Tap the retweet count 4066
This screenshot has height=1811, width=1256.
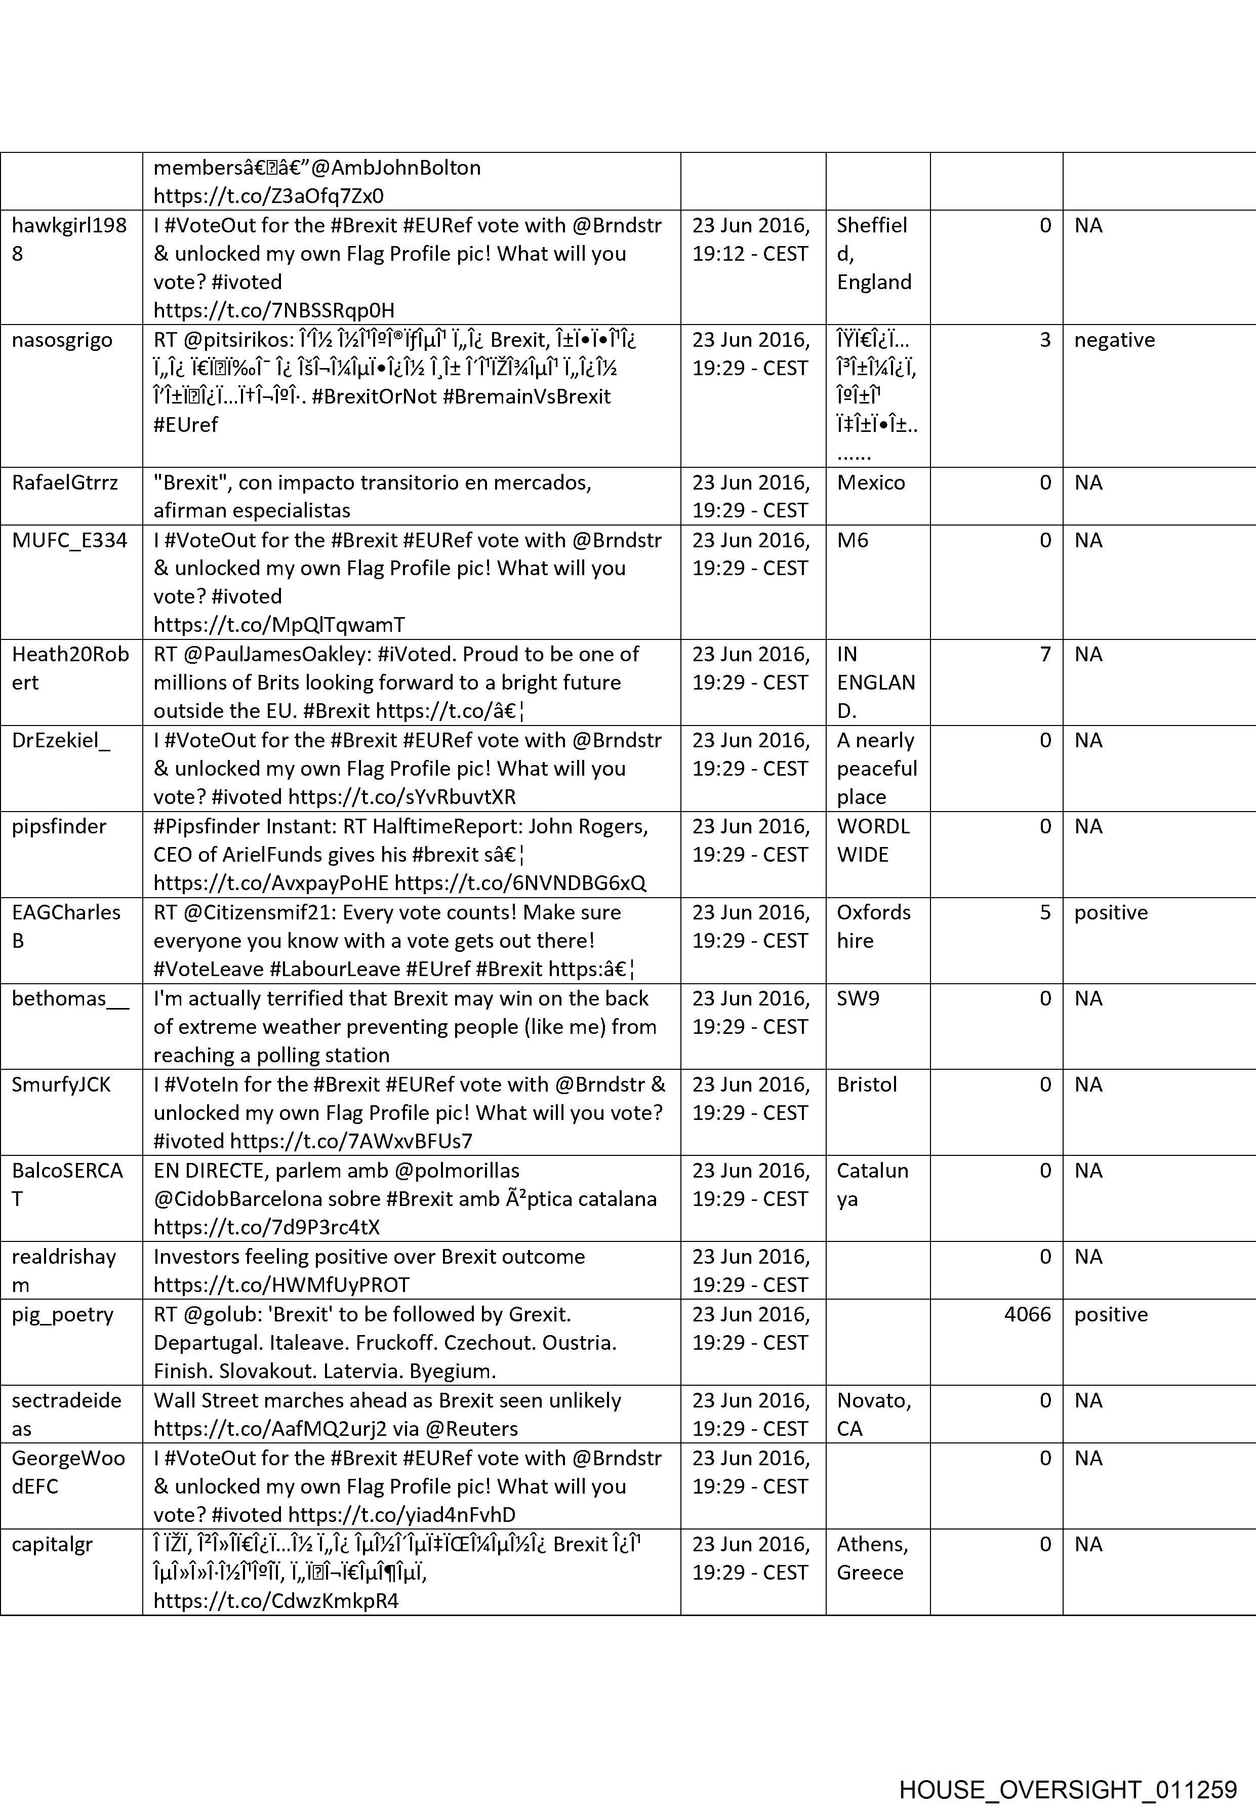click(x=1027, y=1314)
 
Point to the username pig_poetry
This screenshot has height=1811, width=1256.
click(x=62, y=1314)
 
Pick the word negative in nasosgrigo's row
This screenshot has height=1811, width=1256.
click(x=1114, y=340)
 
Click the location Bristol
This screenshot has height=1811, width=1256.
click(x=867, y=1084)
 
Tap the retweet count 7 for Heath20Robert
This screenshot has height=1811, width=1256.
click(x=1045, y=654)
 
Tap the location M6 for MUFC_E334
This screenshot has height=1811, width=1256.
click(x=853, y=540)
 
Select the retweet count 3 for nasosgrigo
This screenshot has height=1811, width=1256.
click(x=1045, y=340)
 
